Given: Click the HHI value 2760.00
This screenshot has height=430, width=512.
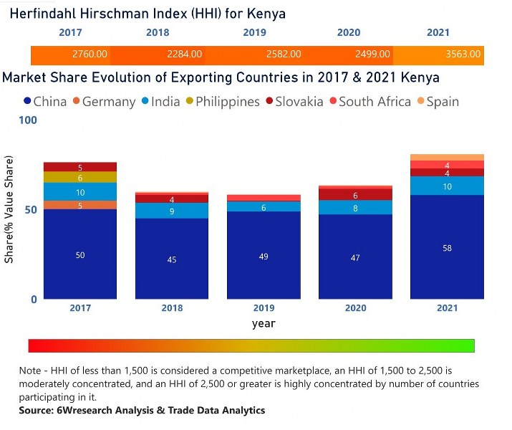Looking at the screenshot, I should pos(90,54).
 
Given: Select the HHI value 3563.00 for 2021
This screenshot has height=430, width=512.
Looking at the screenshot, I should pos(463,54).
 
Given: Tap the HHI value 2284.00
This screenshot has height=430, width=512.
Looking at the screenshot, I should pos(184,54).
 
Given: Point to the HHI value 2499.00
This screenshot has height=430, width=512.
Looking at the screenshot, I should pos(372,54).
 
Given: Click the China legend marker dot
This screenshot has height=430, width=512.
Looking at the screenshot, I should pos(28,102).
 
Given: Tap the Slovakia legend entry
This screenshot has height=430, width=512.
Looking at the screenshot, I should pos(294,102).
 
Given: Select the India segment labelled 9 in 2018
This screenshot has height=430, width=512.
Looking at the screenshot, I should pos(172,211).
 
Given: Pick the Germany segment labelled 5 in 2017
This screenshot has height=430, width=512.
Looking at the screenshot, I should pos(79,205).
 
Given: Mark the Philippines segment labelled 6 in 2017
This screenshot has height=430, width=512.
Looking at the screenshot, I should pos(79,177).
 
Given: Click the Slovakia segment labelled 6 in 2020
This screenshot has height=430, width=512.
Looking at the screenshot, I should pos(355,195).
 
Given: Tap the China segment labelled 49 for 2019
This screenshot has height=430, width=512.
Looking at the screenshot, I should pos(263,255).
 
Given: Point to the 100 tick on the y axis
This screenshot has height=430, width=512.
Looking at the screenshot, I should pos(29,120).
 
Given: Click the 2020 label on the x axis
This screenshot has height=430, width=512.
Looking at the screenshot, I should pos(355,308).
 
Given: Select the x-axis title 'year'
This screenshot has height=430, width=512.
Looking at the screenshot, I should pos(264,323).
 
